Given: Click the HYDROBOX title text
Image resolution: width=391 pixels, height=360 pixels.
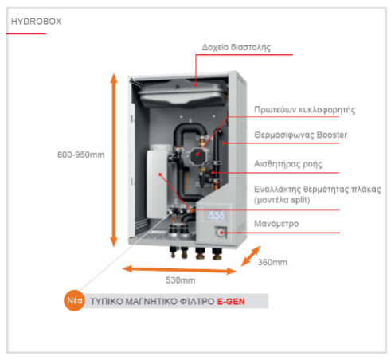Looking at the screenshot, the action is [x=36, y=22].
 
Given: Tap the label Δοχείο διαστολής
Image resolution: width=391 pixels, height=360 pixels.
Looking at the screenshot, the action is [x=237, y=47].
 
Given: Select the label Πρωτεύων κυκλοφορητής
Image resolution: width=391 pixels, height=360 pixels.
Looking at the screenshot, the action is [x=304, y=110].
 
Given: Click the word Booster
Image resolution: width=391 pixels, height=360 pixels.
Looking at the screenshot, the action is [x=332, y=135].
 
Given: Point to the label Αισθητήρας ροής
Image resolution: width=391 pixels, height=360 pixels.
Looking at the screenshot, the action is [x=288, y=164].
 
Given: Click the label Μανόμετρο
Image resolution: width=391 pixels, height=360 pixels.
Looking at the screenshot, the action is [x=276, y=224].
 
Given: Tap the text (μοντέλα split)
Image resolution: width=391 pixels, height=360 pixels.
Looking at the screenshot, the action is [x=282, y=200].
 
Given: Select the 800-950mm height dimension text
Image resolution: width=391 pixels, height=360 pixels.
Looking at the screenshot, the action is [x=81, y=155].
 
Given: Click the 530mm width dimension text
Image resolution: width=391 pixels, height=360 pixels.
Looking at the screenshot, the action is [x=181, y=280].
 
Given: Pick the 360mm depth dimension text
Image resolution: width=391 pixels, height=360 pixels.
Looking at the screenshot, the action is [x=272, y=262].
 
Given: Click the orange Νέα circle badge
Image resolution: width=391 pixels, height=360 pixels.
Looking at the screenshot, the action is [x=74, y=300].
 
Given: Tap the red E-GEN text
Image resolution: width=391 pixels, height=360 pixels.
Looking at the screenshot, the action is [x=231, y=302].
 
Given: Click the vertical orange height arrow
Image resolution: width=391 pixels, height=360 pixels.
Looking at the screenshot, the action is [x=114, y=160].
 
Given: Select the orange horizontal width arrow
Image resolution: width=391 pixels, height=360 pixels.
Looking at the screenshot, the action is [x=179, y=270].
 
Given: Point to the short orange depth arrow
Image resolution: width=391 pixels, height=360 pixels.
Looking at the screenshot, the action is [x=251, y=256].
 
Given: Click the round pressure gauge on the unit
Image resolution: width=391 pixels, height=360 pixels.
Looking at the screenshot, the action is [x=220, y=233].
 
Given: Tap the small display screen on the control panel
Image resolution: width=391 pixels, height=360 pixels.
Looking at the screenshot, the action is [x=216, y=215].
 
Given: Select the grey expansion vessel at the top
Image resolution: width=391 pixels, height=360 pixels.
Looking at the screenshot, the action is [x=183, y=93].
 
